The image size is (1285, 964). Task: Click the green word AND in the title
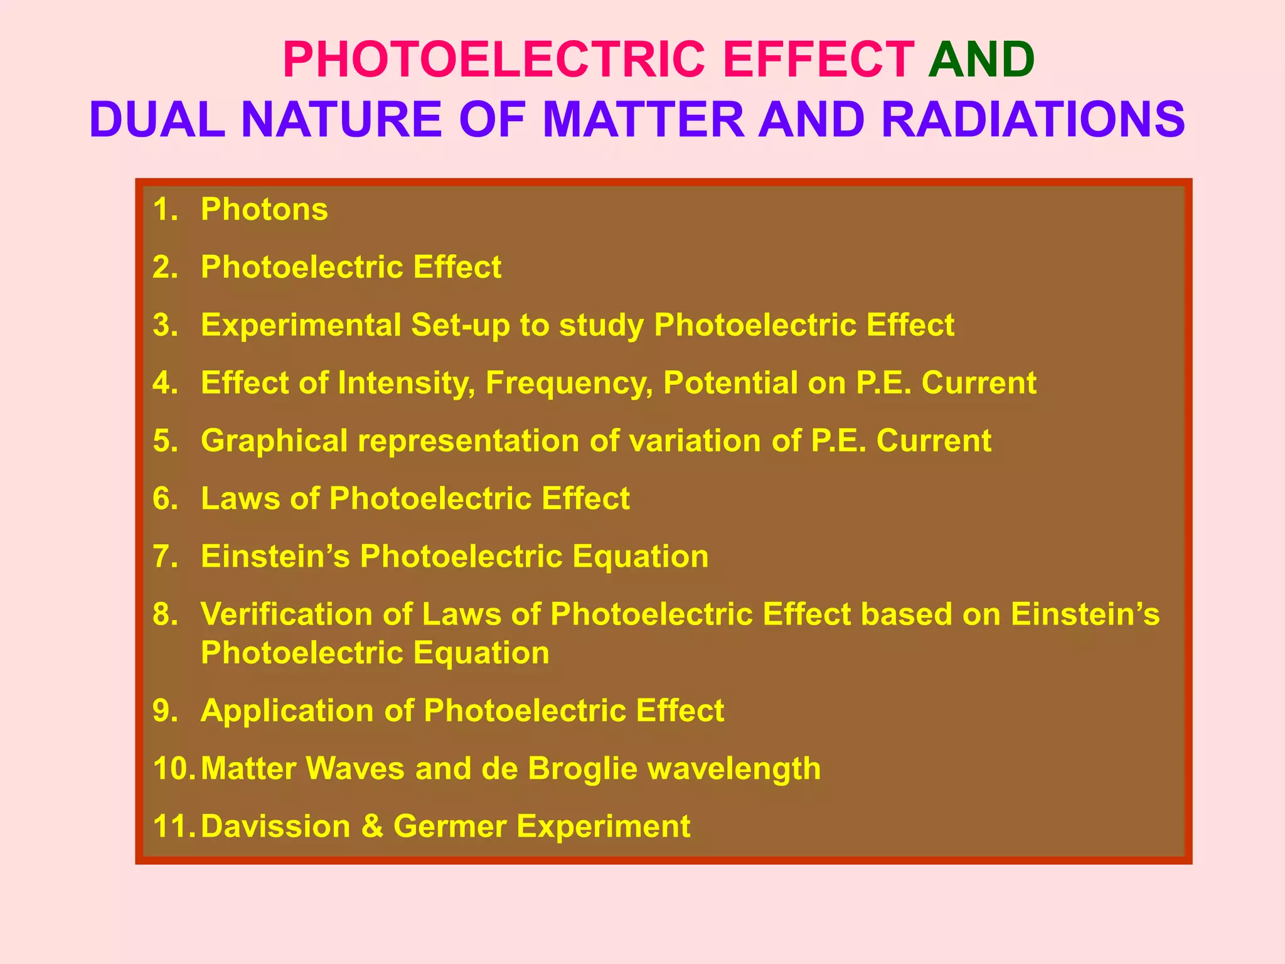[x=981, y=60]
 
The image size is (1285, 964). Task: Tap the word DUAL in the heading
[x=157, y=119]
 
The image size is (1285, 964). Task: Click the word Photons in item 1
[x=264, y=209]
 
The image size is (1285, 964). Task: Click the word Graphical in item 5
[x=274, y=441]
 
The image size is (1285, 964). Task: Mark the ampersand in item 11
[x=372, y=826]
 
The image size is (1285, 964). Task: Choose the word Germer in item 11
[x=449, y=826]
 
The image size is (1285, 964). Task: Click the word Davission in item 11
[x=275, y=826]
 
